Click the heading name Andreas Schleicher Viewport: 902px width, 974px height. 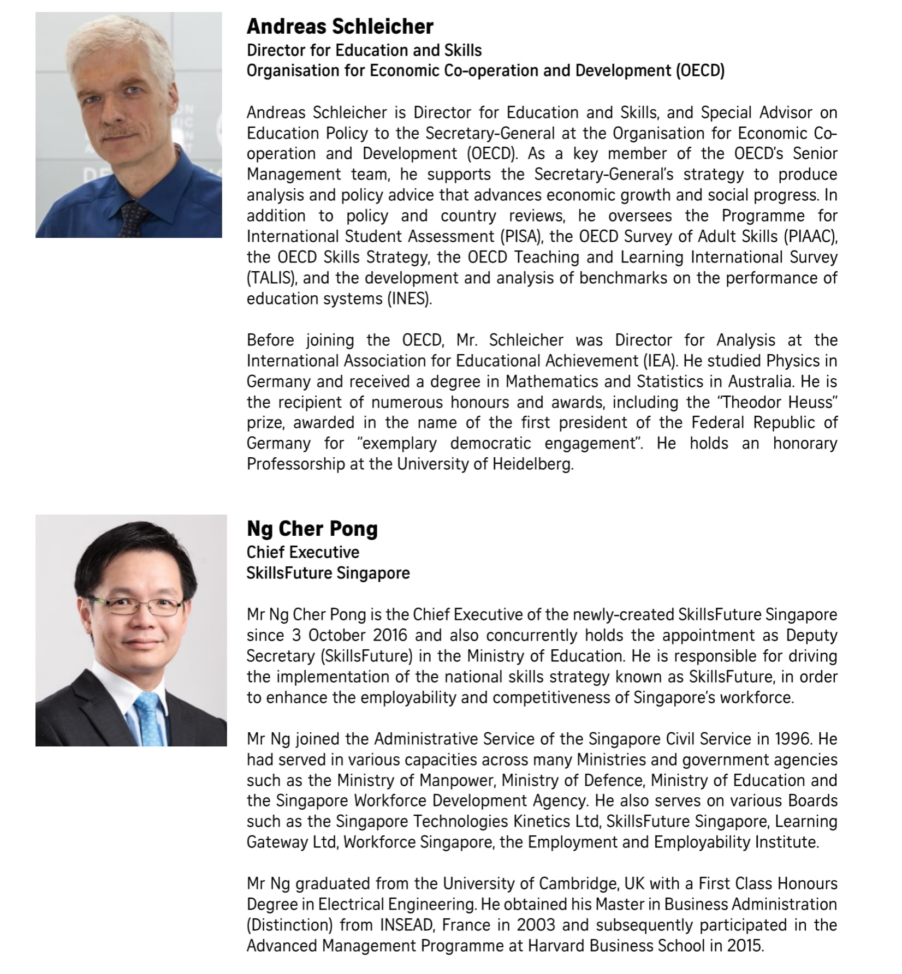coord(340,27)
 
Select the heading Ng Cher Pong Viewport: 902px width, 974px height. coord(312,529)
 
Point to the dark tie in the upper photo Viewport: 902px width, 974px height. coord(133,218)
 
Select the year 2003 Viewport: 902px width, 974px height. coord(536,925)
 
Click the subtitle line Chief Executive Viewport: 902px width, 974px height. coord(302,552)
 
